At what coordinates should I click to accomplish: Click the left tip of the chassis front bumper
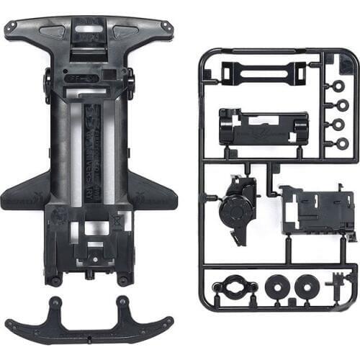click(x=11, y=29)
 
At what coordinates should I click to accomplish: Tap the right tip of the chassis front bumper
click(x=168, y=27)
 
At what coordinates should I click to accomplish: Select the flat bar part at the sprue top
click(x=258, y=72)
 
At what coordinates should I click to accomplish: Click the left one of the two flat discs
click(x=276, y=288)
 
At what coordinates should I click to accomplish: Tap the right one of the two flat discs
click(x=306, y=288)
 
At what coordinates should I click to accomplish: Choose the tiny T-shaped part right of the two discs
click(x=336, y=289)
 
